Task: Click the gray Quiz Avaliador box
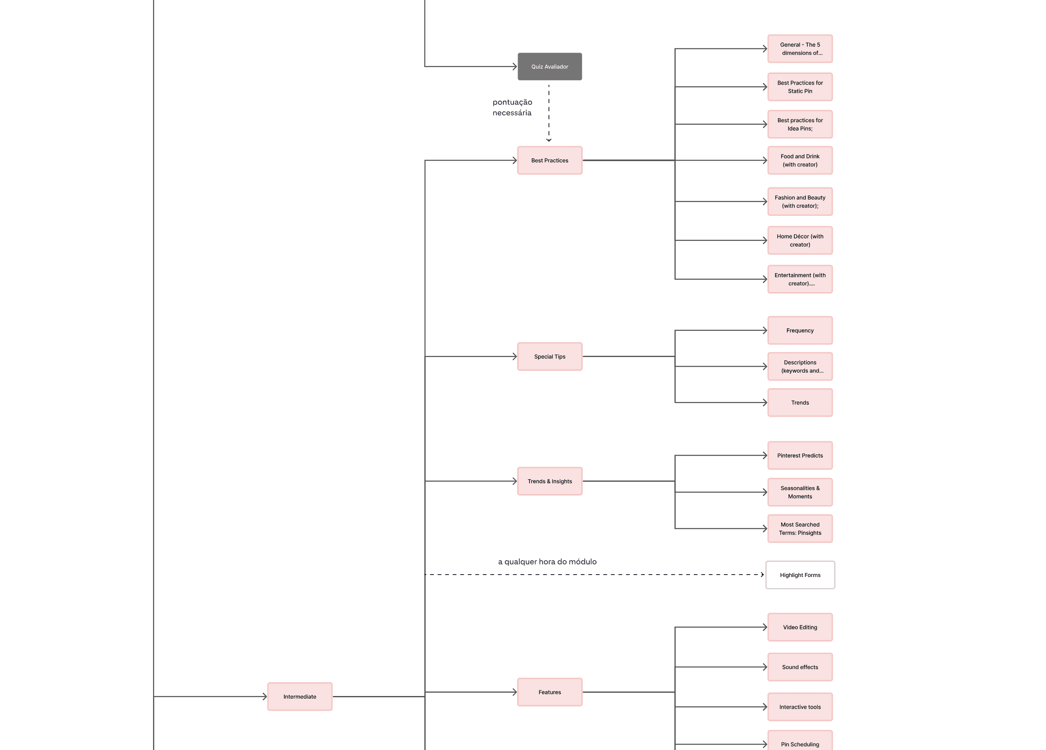tap(550, 66)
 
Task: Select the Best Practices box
tap(550, 160)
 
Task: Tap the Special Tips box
tap(550, 356)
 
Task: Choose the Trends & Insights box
tap(550, 481)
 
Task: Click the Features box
tap(550, 692)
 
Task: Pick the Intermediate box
tap(300, 696)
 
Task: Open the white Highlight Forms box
tap(800, 575)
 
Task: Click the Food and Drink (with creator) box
tap(800, 160)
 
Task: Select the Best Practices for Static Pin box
tap(800, 87)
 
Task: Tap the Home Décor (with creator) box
tap(800, 240)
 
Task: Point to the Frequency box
tap(800, 330)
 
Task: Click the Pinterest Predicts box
tap(800, 456)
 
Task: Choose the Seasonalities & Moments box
tap(800, 492)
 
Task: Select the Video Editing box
tap(800, 627)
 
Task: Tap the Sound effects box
tap(800, 667)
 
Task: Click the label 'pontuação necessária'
tap(512, 108)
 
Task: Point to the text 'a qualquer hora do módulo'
tap(548, 561)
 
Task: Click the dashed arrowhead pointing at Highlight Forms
tap(762, 575)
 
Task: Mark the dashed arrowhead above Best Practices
tap(549, 140)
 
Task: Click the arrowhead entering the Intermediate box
tap(265, 696)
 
